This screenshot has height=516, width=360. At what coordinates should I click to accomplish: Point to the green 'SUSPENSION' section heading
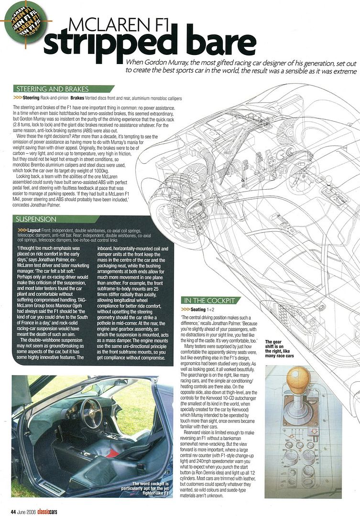pos(36,219)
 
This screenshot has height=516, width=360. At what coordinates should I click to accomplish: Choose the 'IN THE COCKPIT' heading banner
pos(210,300)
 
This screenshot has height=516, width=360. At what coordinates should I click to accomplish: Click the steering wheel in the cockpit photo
pos(91,411)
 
